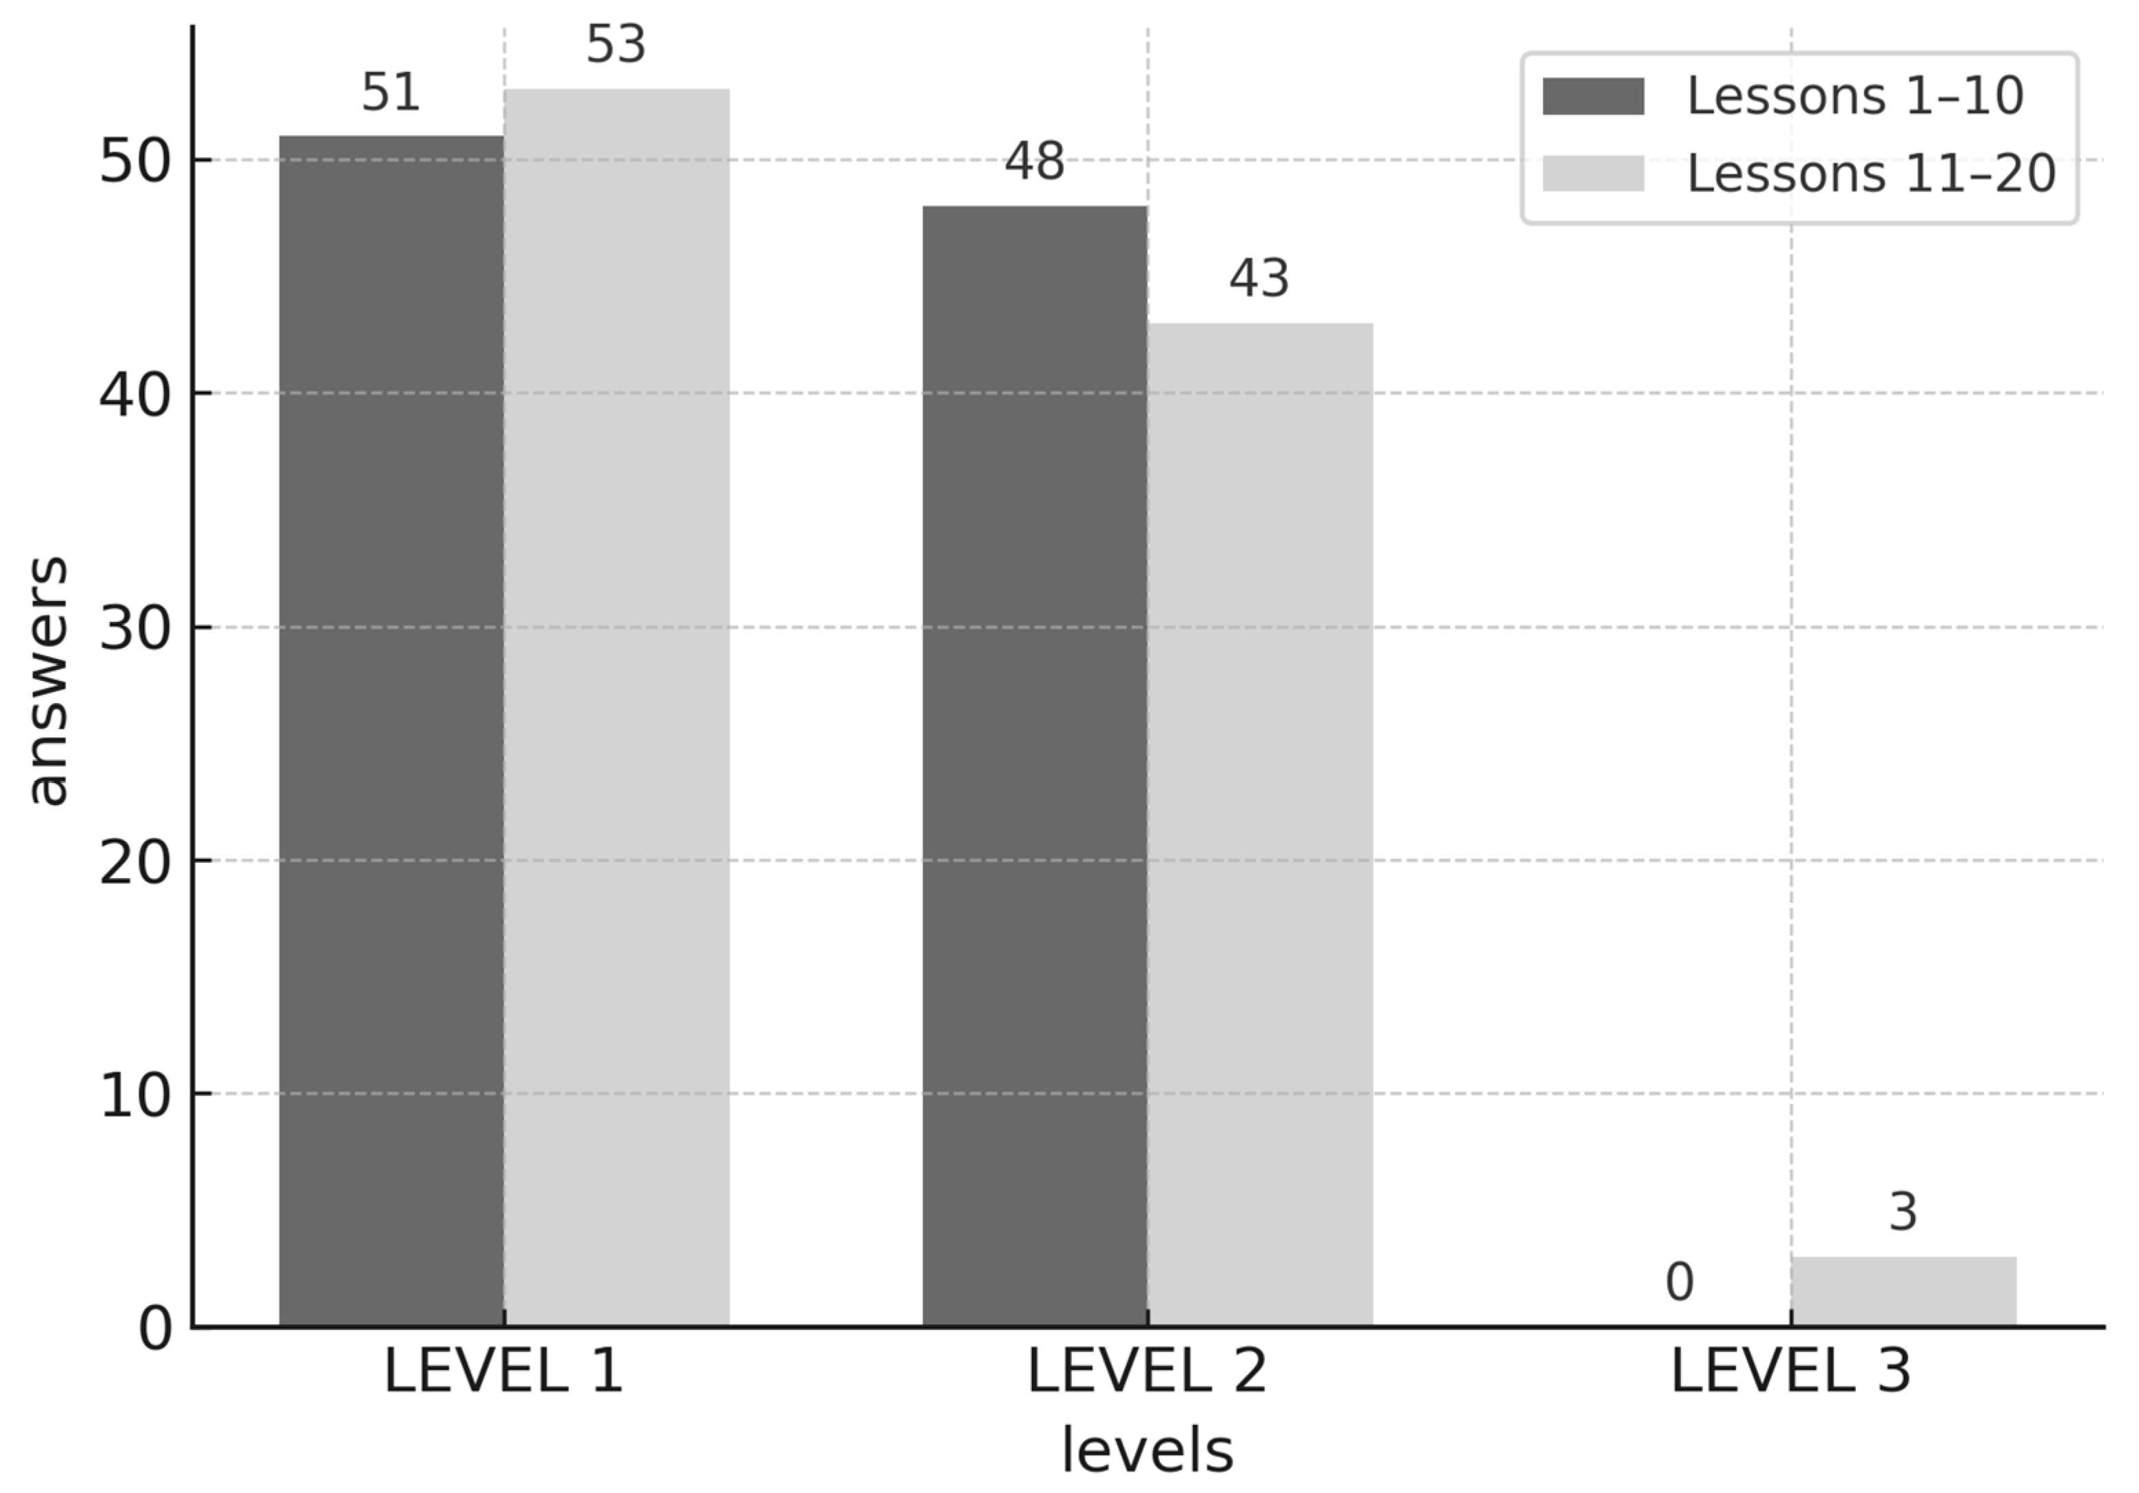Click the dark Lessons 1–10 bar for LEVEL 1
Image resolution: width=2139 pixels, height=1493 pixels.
(391, 731)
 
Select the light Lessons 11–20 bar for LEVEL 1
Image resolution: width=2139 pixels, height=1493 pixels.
(617, 708)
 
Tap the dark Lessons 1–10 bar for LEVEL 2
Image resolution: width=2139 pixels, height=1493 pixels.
(1034, 766)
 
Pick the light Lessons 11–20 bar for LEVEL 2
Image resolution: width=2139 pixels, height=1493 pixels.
(1259, 824)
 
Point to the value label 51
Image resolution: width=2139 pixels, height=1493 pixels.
(391, 92)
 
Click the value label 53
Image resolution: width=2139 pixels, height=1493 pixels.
(616, 45)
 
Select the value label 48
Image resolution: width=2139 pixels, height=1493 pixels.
(1034, 162)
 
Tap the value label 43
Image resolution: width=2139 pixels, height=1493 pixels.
(1259, 278)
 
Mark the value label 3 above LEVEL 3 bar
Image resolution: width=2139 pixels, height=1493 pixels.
(1903, 1212)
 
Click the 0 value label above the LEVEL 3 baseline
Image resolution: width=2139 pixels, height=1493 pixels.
(1679, 1282)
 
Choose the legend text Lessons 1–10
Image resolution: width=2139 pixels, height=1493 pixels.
(1855, 96)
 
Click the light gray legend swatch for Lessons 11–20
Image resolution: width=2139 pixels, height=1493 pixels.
(1593, 174)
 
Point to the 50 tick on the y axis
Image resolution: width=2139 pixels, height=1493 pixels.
(135, 161)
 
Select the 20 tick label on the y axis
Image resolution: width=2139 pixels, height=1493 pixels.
(135, 862)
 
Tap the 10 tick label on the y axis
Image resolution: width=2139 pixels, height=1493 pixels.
(135, 1095)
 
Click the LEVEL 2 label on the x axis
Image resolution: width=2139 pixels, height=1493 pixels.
(1147, 1372)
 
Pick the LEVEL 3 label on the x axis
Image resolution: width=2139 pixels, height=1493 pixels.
(1790, 1372)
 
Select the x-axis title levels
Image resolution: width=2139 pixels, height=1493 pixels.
(1147, 1450)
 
